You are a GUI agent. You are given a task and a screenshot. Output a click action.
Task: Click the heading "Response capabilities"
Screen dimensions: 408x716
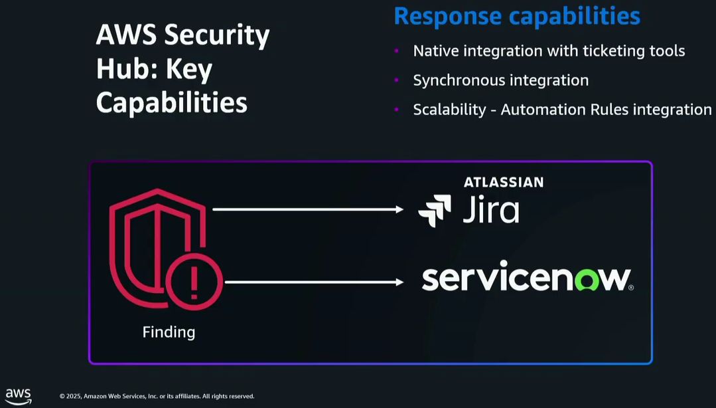[516, 15]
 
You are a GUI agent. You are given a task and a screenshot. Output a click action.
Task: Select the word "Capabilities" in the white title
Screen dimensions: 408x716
[171, 103]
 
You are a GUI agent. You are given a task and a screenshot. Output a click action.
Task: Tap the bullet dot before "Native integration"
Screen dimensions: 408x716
[396, 51]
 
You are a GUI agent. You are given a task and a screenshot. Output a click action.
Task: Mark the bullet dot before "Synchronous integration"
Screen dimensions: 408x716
[396, 80]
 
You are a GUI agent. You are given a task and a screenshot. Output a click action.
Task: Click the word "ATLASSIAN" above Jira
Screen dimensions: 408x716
[503, 182]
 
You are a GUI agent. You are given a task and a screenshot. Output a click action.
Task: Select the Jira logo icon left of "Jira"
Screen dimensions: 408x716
[435, 211]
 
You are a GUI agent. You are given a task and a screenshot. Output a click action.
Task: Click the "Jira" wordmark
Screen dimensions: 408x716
[490, 210]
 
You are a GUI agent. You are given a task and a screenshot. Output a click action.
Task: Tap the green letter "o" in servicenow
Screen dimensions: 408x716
[585, 280]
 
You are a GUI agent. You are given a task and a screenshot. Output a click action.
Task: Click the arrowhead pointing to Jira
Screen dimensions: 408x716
[399, 209]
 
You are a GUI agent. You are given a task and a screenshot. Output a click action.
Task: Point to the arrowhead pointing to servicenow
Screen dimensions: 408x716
[399, 282]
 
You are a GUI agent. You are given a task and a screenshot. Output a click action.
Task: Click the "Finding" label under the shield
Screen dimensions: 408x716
[169, 332]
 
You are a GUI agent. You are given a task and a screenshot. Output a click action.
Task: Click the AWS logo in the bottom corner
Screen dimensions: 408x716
[19, 396]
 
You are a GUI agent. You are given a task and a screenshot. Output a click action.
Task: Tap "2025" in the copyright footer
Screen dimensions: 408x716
[73, 397]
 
